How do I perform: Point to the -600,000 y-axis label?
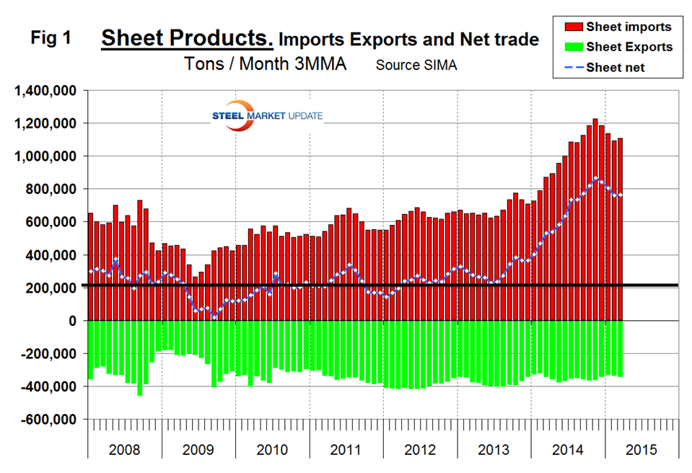[x=48, y=419]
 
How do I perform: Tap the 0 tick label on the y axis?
[x=74, y=321]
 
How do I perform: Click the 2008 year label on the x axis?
[x=124, y=450]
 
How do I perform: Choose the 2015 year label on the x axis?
[x=641, y=450]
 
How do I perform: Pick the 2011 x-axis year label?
[x=346, y=450]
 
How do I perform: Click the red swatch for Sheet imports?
[x=574, y=27]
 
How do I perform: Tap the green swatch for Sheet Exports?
[x=574, y=46]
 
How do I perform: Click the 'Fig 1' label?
[x=51, y=39]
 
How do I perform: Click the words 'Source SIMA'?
[x=416, y=65]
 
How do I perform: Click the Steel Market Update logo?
[x=266, y=116]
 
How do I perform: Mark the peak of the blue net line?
[x=595, y=177]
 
